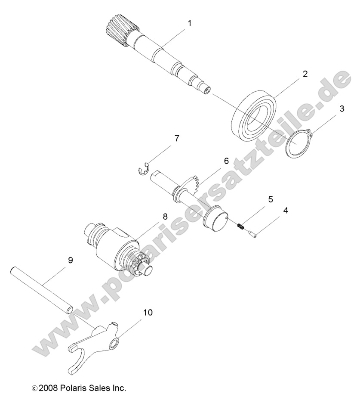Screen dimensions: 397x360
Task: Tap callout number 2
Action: [305, 74]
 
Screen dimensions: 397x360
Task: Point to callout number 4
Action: [285, 211]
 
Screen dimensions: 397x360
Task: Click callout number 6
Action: [226, 161]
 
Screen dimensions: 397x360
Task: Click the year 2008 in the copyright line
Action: [47, 389]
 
